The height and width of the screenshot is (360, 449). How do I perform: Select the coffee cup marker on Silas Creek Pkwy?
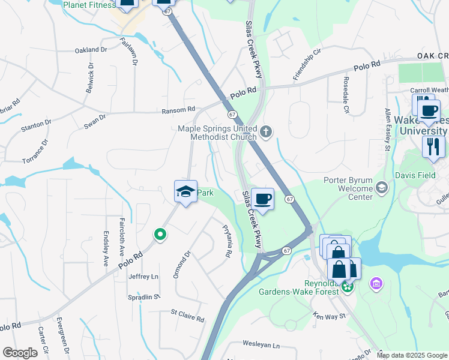coord(262,198)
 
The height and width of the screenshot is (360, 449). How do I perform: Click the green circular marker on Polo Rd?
coord(160,235)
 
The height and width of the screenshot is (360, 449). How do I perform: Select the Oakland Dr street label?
coord(91,50)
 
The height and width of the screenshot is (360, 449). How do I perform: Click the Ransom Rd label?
coord(179,110)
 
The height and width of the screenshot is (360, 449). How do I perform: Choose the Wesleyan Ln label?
coord(261,345)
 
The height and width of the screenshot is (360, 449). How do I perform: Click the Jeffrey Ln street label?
coord(143,277)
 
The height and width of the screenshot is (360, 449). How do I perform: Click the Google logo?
coord(20,353)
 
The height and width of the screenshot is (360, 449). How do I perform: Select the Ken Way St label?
coord(330,316)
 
